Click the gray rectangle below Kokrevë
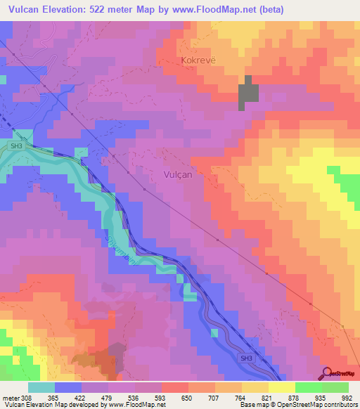248,93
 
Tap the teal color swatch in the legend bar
41,387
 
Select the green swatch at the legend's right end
335,387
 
